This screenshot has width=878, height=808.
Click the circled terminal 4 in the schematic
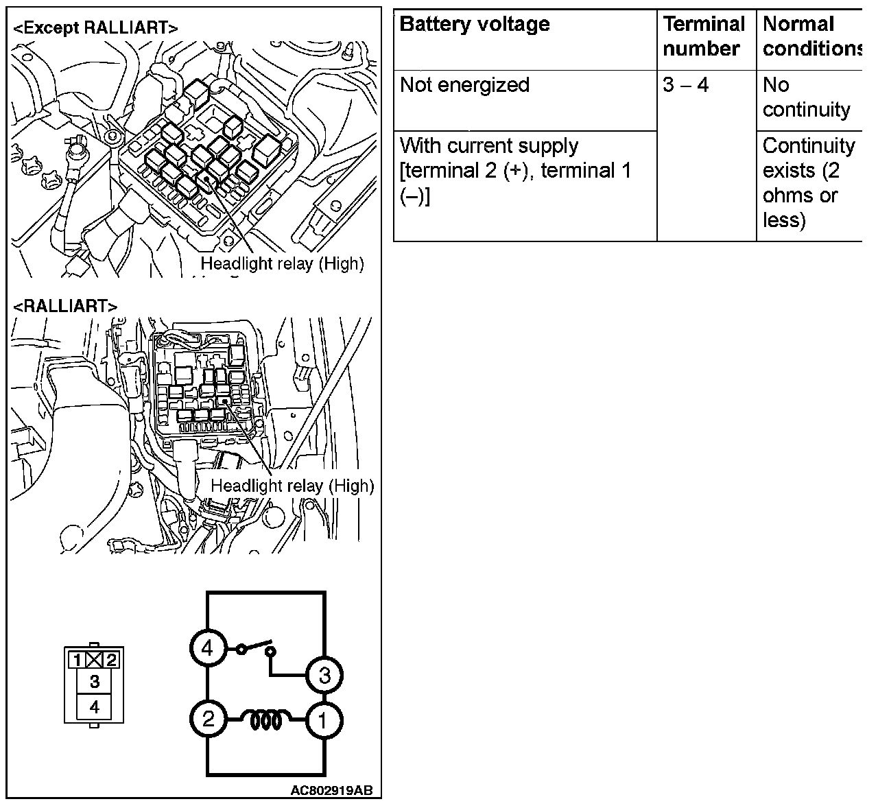point(208,648)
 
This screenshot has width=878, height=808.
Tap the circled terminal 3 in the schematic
point(324,676)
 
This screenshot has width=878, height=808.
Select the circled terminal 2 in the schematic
point(208,719)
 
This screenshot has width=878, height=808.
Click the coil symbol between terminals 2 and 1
point(266,720)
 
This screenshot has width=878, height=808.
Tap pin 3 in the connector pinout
point(95,681)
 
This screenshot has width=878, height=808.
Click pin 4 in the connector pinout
point(95,706)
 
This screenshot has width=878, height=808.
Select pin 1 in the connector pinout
point(78,661)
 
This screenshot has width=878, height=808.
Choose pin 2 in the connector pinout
point(112,661)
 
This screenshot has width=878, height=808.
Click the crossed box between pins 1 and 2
point(95,661)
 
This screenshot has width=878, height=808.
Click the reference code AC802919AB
point(331,790)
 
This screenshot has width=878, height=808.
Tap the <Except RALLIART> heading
point(95,28)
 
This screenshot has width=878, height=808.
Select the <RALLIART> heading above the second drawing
point(65,306)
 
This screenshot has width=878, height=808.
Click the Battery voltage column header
point(475,25)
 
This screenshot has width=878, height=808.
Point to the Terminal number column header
point(704,36)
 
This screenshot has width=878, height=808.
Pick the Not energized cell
point(465,85)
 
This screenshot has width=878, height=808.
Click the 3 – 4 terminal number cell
point(686,85)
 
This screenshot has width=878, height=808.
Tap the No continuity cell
point(806,97)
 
